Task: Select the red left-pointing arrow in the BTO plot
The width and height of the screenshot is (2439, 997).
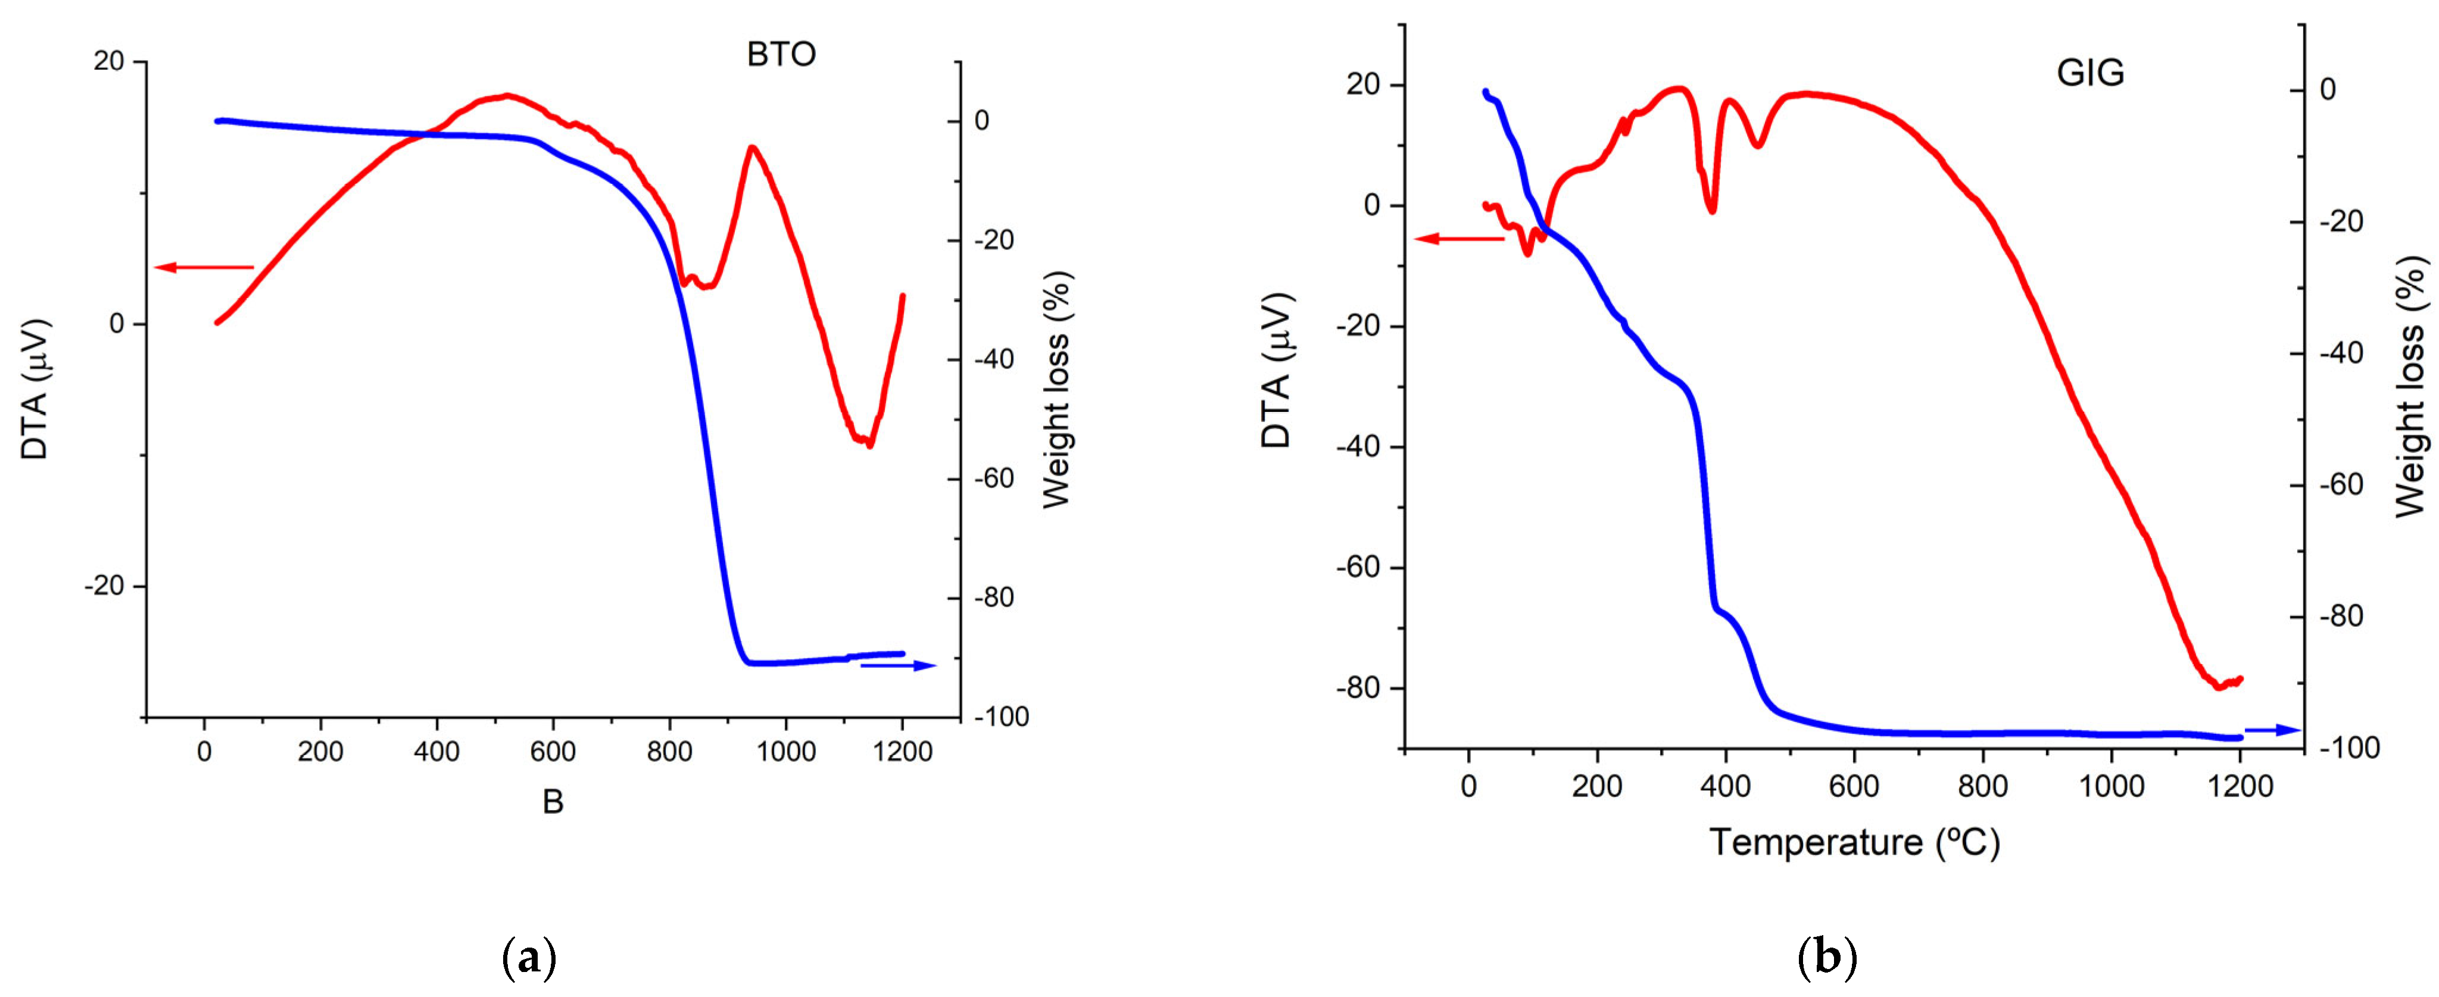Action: (204, 267)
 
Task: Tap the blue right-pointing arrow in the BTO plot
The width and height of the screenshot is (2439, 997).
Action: (897, 665)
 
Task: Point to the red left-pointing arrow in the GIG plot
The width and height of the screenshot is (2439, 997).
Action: (1458, 239)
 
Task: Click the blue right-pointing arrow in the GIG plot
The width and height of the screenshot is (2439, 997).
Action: (2272, 730)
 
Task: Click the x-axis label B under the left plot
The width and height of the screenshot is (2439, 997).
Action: (553, 802)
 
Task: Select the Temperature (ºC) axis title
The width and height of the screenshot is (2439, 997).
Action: (1854, 842)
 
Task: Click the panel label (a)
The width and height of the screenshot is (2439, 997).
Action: (528, 958)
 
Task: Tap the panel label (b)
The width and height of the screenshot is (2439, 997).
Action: (1826, 958)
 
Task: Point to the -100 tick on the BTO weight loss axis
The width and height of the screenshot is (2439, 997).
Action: (1001, 717)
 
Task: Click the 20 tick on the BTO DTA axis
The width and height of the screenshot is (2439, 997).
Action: (109, 61)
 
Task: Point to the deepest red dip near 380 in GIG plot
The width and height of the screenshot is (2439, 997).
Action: (1712, 210)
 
